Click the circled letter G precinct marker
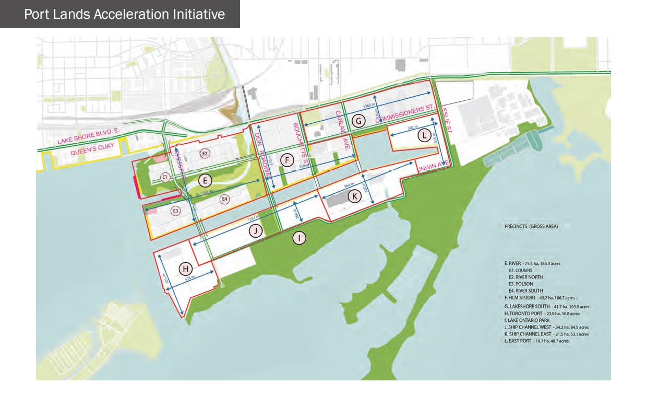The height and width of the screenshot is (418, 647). pos(358,121)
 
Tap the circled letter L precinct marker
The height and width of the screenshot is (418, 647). pos(425,136)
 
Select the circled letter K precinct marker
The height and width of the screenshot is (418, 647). pos(354,196)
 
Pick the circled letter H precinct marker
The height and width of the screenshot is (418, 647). pos(186,269)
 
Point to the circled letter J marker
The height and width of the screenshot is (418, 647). pos(255,231)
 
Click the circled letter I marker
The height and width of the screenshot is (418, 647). pos(299,238)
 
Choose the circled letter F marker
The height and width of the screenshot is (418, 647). pos(286,160)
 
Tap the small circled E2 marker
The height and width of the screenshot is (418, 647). pos(205,154)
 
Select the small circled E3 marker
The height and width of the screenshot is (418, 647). pos(176,211)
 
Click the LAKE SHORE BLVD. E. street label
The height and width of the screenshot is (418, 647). pos(84,138)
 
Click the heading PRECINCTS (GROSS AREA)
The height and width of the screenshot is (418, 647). pos(531,226)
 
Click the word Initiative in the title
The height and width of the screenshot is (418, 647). pos(197,14)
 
